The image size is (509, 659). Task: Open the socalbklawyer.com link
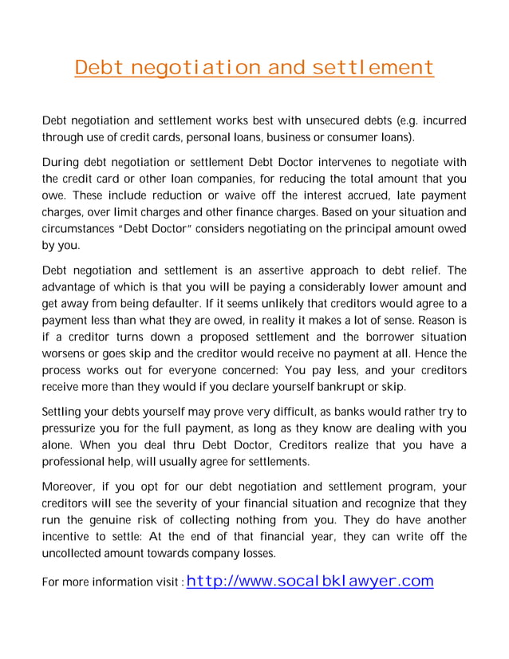pos(310,580)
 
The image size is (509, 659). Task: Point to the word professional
pos(75,462)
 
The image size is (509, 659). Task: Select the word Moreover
pos(72,486)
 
